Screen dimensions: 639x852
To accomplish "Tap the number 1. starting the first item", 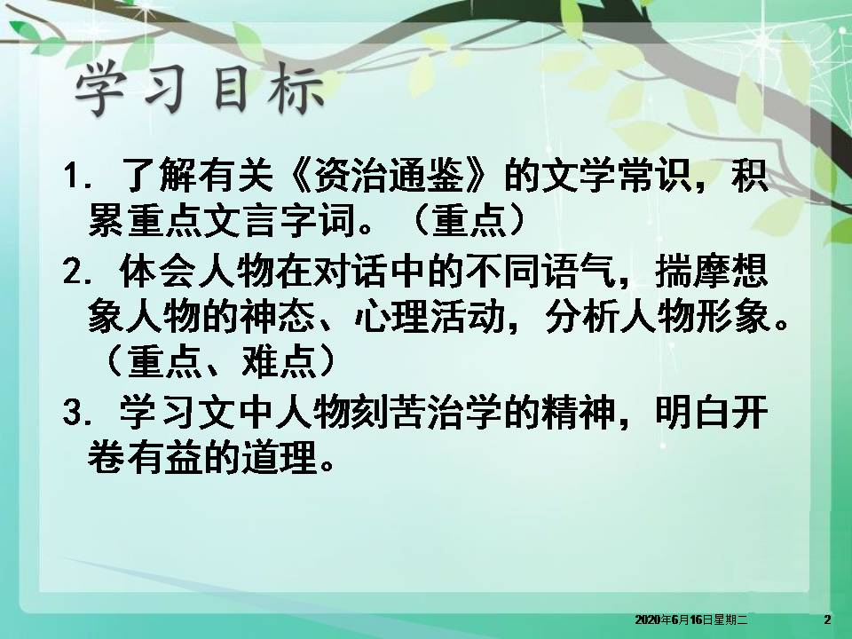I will pyautogui.click(x=78, y=176).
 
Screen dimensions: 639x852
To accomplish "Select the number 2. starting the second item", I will pyautogui.click(x=78, y=274).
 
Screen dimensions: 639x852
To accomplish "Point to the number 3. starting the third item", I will pyautogui.click(x=78, y=414).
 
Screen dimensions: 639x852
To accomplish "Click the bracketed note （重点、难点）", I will pyautogui.click(x=217, y=363).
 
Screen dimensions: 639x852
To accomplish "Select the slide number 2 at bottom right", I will pyautogui.click(x=827, y=619).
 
